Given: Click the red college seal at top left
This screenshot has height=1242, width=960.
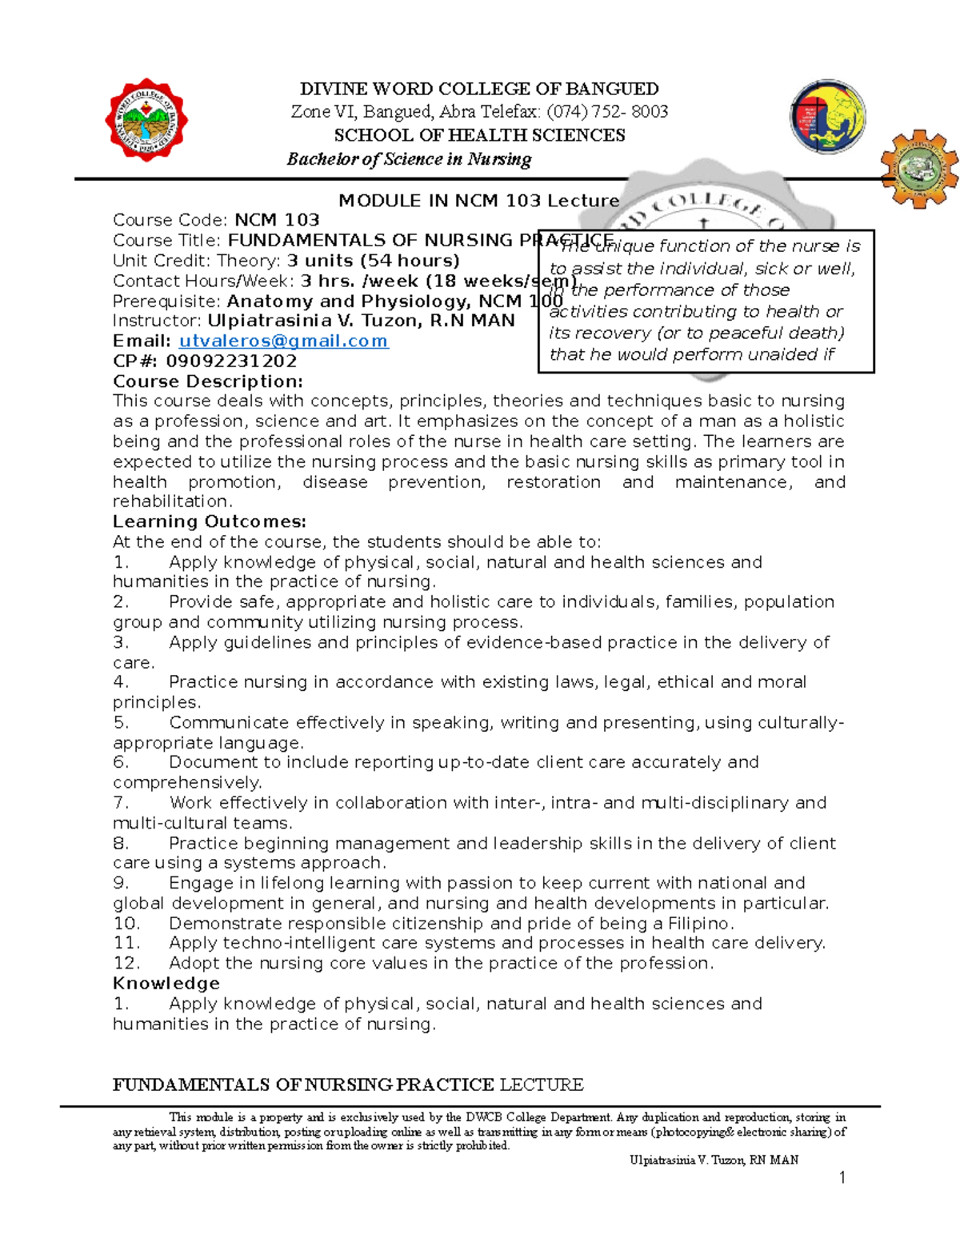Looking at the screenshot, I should pos(146,121).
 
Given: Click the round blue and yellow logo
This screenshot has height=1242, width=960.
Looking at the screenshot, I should pos(827,117).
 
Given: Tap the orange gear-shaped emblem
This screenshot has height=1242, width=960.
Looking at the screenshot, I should pos(919,169).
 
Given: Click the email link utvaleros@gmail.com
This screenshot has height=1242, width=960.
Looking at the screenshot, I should pos(283,341).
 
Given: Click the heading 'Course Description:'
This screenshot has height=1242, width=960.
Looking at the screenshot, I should pos(208,381).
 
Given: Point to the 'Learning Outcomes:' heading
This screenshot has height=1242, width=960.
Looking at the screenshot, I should pos(210,521).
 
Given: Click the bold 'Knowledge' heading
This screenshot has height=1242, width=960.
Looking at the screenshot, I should pos(166,983).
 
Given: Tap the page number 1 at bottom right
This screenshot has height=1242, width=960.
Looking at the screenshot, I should pos(842,1177).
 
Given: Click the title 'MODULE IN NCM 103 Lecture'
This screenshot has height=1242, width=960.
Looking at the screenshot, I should pos(478,201).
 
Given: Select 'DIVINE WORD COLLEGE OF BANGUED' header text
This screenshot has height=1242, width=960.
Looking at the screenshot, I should pos(478,89).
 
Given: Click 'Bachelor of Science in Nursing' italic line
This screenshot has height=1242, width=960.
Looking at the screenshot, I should pos(409,159).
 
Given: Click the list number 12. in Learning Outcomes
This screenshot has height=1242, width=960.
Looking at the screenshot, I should pos(126,963).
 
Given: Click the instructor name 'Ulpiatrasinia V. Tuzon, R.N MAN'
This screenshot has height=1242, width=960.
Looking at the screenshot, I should pos(361,321).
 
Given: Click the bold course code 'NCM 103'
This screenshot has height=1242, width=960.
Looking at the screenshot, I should pos(277,220).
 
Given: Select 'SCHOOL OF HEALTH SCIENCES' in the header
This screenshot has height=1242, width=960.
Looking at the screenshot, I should pos(479,135).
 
